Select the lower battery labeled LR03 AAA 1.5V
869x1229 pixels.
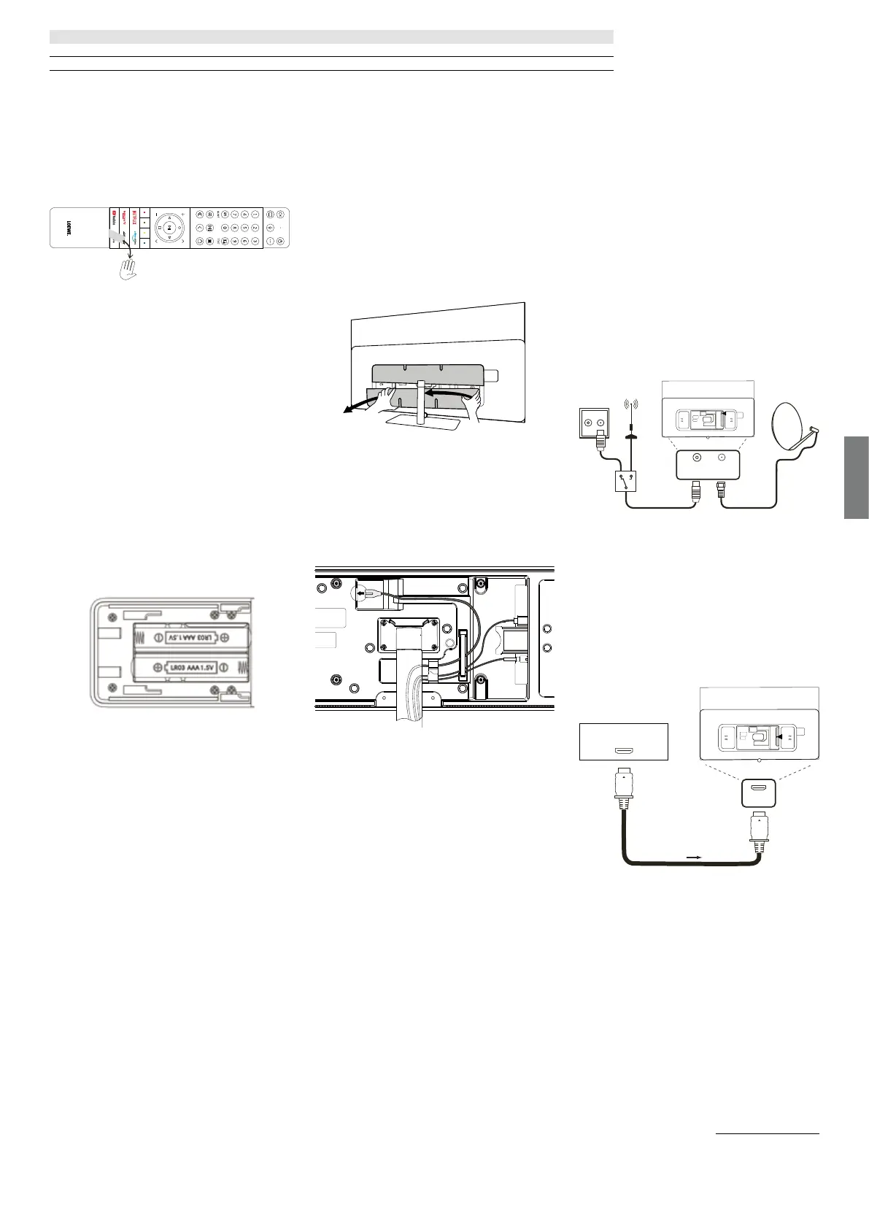coord(191,667)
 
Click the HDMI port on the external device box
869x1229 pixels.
coord(623,751)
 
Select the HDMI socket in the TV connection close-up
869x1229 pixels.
coord(758,790)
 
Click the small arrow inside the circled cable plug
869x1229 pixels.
coord(360,593)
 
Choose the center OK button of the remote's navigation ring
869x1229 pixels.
coord(169,228)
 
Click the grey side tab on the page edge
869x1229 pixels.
coord(857,477)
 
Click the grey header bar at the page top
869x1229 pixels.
coord(331,36)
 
